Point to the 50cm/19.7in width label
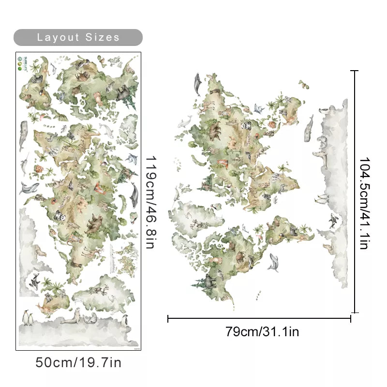(x=78, y=362)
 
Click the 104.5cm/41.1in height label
(x=364, y=203)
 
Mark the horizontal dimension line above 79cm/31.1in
(x=259, y=318)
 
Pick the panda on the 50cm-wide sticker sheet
(x=62, y=218)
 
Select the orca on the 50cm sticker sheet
(x=34, y=281)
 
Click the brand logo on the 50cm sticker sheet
(x=20, y=62)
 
